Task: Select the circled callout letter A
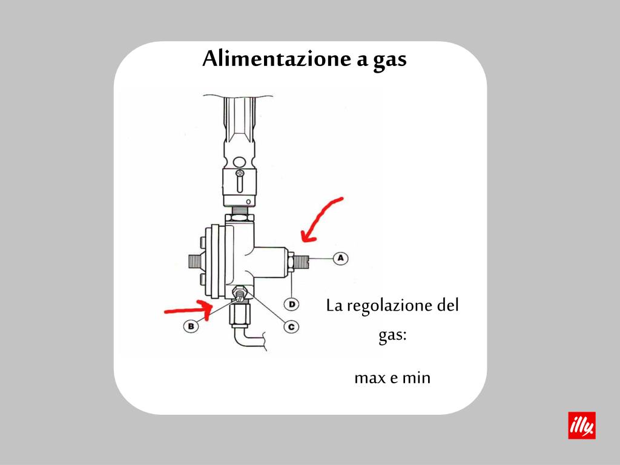tap(340, 258)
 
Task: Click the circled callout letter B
tap(191, 326)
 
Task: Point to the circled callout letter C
tap(291, 326)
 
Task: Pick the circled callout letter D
tap(292, 303)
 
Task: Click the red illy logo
tap(582, 426)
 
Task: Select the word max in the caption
tap(368, 378)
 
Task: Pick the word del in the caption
tap(448, 305)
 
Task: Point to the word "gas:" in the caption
tap(392, 336)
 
